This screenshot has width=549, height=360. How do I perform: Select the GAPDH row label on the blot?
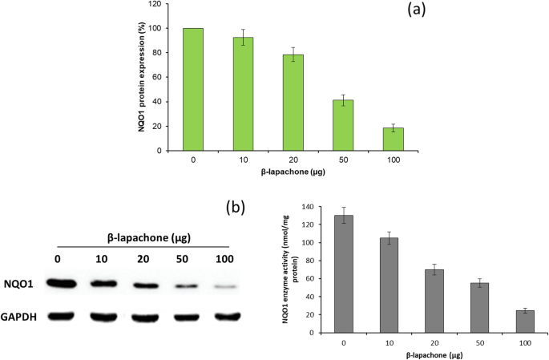point(22,317)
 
